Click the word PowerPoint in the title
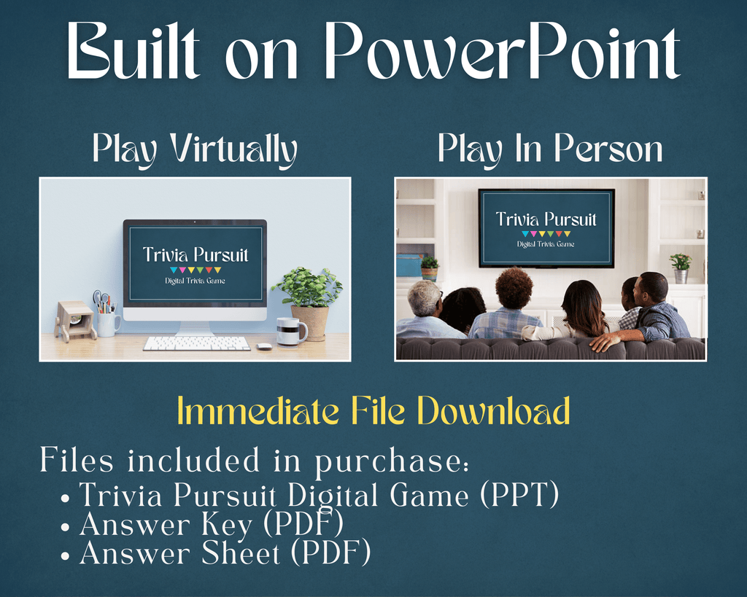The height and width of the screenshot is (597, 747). coord(503,52)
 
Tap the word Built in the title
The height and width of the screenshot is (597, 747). coord(133,52)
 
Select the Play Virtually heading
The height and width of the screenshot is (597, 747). coord(195,149)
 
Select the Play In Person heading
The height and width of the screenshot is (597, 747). coord(550,149)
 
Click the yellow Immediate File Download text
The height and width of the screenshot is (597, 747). coord(373,412)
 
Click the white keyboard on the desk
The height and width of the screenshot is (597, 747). coord(196,343)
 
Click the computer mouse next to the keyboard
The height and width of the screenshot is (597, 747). coord(264,346)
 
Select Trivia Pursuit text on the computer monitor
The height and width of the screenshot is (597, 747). coord(196,255)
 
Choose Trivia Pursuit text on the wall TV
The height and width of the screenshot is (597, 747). coord(546,219)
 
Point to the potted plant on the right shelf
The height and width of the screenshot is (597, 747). coord(680,267)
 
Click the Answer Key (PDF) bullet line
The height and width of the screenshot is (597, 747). coord(212,524)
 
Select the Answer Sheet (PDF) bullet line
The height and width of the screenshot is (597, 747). coord(225,553)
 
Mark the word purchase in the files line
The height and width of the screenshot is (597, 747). coord(390,461)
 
